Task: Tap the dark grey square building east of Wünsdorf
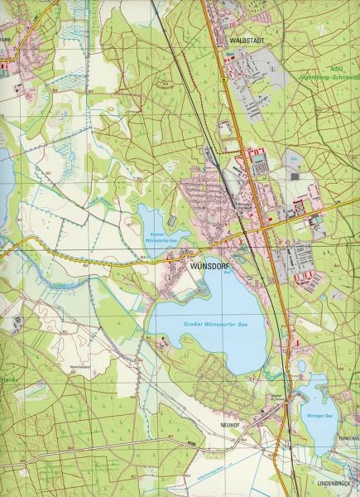pyautogui.click(x=295, y=176)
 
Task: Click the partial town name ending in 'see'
pyautogui.click(x=7, y=37)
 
